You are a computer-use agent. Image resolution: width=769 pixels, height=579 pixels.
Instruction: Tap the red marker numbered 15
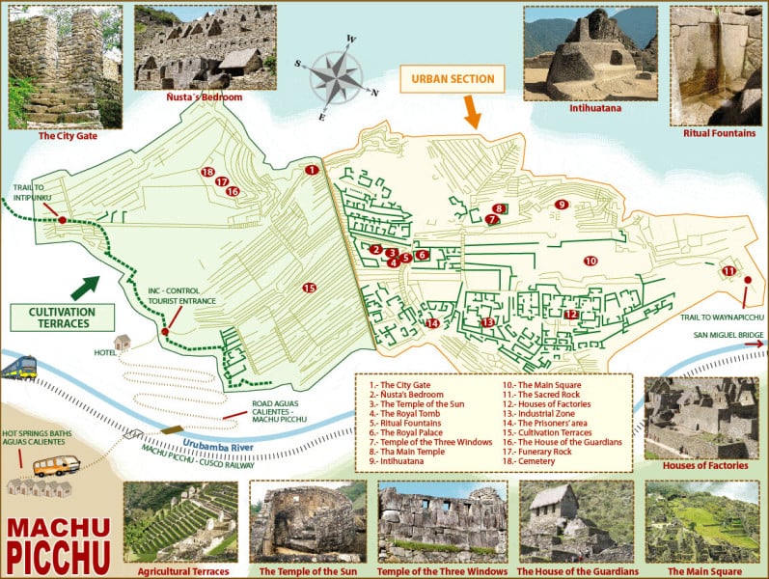tap(309, 288)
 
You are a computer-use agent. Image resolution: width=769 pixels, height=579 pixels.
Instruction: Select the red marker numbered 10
tap(590, 261)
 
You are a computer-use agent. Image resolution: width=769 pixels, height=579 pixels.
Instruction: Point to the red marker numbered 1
tap(311, 170)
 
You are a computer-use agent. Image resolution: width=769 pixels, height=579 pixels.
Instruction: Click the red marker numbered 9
tap(561, 204)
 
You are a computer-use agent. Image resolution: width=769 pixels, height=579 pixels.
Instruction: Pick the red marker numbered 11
tap(729, 271)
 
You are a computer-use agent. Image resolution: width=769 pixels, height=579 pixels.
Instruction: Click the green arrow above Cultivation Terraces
tap(84, 287)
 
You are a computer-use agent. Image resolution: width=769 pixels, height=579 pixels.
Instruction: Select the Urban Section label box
tap(453, 79)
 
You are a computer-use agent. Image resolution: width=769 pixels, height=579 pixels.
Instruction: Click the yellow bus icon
tap(56, 467)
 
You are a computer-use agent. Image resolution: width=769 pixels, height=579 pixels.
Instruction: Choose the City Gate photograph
tap(65, 67)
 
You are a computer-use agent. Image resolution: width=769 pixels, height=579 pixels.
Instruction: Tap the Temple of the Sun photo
tap(307, 523)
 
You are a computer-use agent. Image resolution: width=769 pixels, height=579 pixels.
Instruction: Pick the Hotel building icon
tap(123, 342)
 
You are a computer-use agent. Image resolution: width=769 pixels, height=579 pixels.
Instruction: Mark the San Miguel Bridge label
tap(728, 335)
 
